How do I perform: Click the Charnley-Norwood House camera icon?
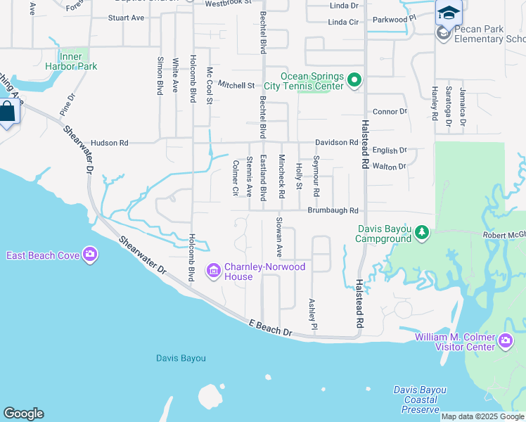tap(214, 271)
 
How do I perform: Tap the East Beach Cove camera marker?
tap(89, 255)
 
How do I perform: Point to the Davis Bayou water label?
tap(181, 358)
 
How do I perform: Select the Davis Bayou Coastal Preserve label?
tap(416, 399)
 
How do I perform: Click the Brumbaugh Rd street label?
tap(333, 210)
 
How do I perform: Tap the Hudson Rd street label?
tap(109, 143)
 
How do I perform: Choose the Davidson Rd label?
tap(336, 143)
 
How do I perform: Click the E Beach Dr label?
tap(270, 327)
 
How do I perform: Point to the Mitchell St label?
tap(236, 85)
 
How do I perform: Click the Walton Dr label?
tap(390, 167)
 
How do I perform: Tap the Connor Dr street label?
tap(390, 111)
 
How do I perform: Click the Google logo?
tap(23, 414)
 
